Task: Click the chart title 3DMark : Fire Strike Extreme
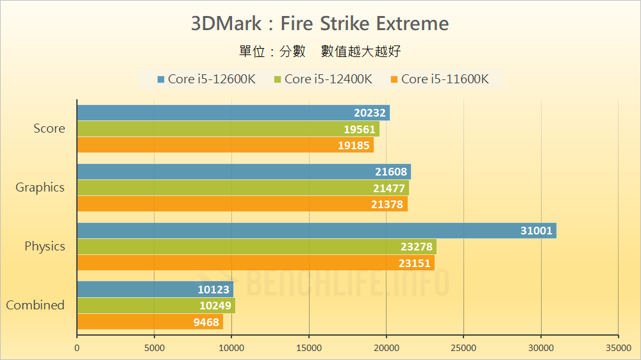[x=320, y=24]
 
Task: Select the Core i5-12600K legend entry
[x=206, y=79]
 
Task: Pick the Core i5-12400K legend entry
[x=323, y=79]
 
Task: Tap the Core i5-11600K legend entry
[x=440, y=79]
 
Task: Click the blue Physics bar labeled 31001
[x=317, y=231]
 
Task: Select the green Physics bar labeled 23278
[x=256, y=247]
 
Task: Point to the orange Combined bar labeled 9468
[x=150, y=322]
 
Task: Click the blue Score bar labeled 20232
[x=233, y=113]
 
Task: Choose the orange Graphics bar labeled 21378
[x=242, y=204]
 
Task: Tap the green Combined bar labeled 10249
[x=156, y=306]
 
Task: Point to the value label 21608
[x=390, y=172]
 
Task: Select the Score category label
[x=49, y=128]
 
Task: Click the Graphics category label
[x=40, y=187]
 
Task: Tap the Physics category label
[x=45, y=246]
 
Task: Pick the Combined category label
[x=35, y=305]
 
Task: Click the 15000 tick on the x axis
[x=309, y=348]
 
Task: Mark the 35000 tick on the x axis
[x=618, y=348]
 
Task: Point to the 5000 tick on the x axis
[x=154, y=348]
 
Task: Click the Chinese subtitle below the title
[x=320, y=51]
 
